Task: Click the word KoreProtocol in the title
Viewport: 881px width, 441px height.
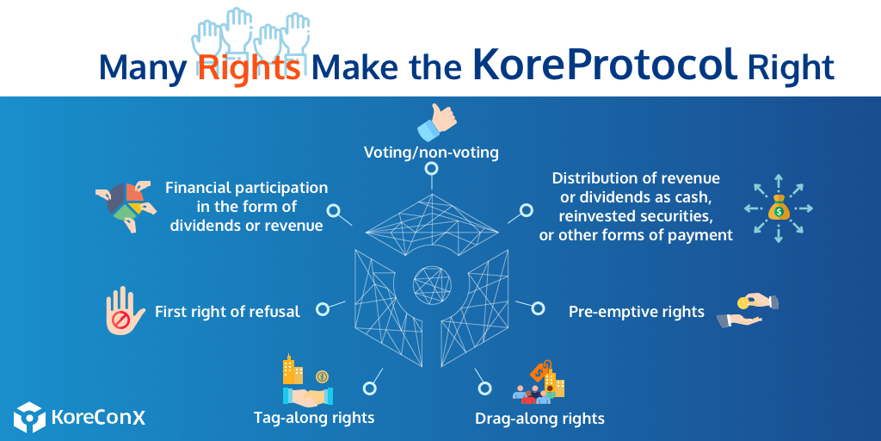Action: (x=606, y=65)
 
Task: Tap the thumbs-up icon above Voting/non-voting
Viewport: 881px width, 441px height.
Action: (x=436, y=121)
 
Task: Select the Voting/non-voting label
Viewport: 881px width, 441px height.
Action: (x=431, y=152)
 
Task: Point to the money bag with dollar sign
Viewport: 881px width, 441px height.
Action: (x=778, y=208)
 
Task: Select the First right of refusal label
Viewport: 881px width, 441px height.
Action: (x=227, y=312)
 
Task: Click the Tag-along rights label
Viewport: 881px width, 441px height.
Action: (x=314, y=418)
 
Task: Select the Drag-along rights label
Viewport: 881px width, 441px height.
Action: (x=539, y=419)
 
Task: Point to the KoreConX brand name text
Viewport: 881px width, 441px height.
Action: (x=98, y=418)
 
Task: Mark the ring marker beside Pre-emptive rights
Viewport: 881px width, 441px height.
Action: (x=539, y=307)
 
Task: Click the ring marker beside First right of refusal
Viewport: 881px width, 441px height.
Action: (x=323, y=308)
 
